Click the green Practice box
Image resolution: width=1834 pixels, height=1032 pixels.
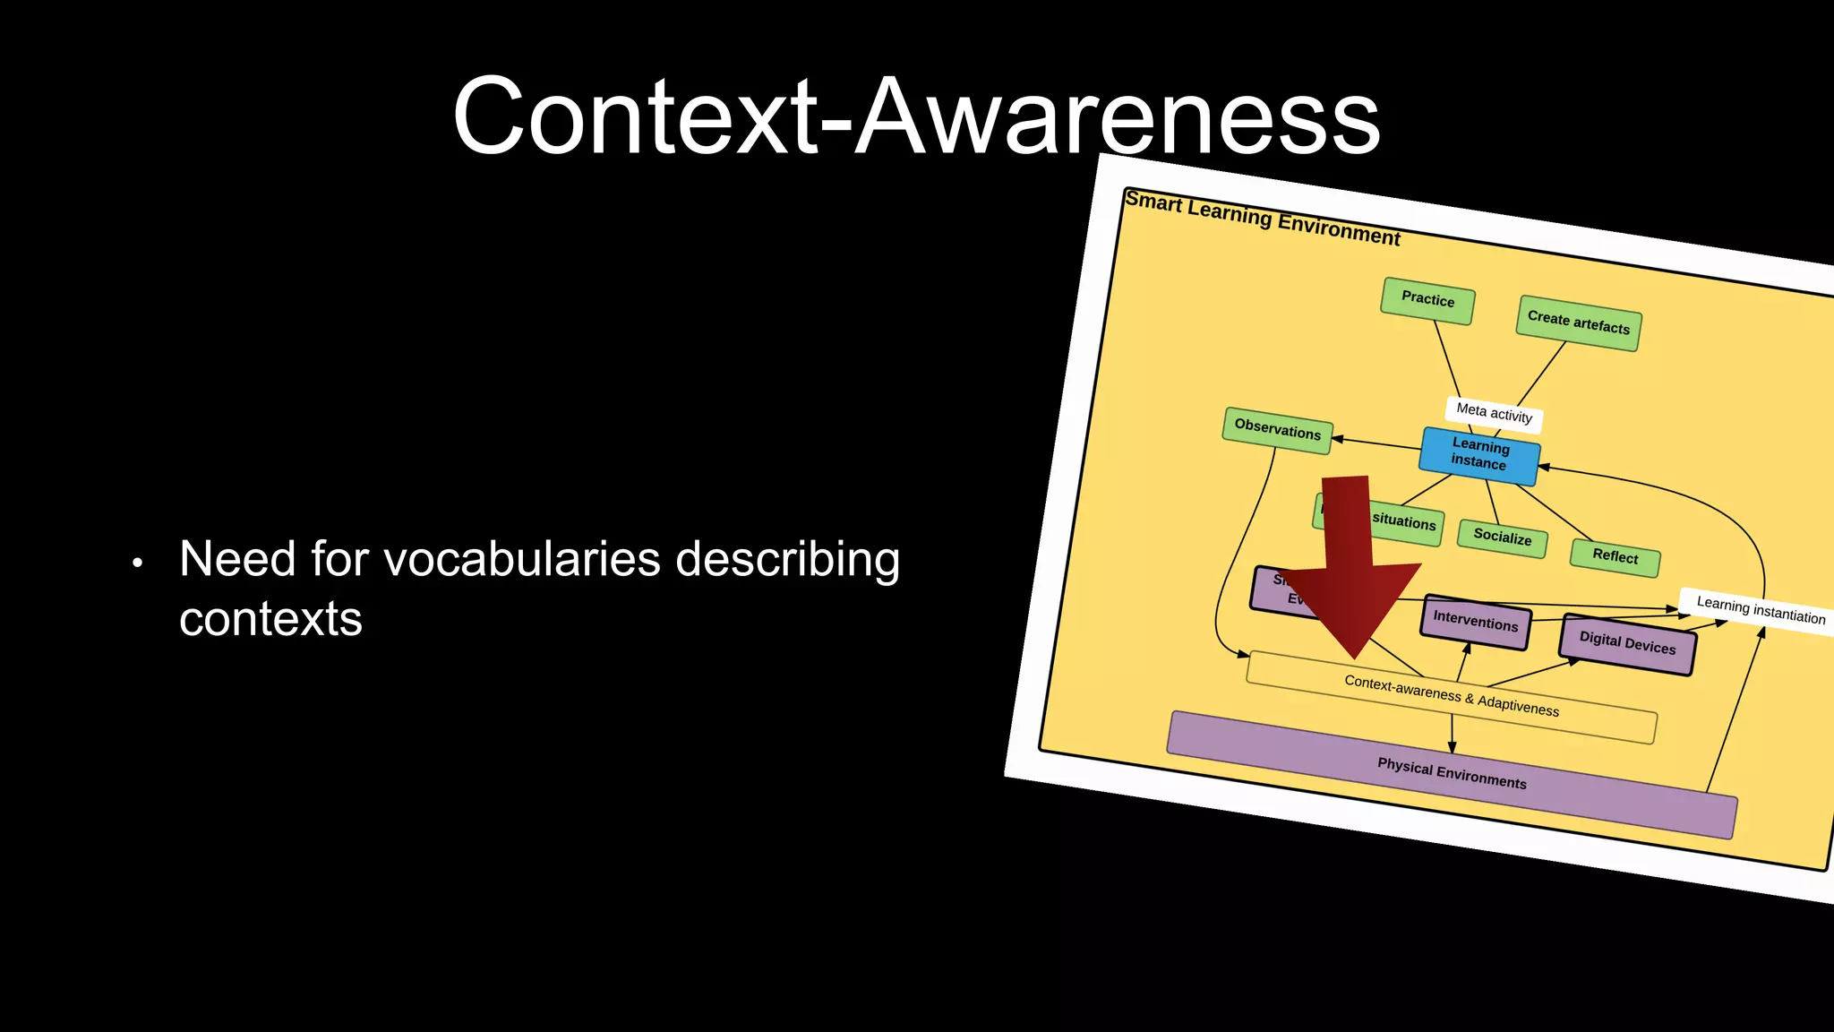point(1427,300)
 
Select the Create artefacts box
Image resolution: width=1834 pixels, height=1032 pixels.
point(1579,322)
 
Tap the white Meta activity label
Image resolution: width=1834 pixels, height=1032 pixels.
point(1494,413)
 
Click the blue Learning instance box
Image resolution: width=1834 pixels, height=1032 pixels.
point(1479,455)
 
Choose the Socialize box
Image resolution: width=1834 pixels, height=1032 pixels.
point(1503,537)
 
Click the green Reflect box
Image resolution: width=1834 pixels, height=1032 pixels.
point(1615,556)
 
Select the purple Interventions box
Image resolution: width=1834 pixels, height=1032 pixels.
point(1475,621)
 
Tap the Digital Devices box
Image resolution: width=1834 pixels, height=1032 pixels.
point(1626,643)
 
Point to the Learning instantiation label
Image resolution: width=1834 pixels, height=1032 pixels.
point(1760,611)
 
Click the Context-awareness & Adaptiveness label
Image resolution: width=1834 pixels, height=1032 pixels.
point(1452,696)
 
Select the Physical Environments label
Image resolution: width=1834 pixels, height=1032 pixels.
point(1452,773)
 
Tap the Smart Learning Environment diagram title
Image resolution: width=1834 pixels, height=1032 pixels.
point(1262,218)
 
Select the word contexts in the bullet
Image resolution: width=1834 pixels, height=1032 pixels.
point(270,619)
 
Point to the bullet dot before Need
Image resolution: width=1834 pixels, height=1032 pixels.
point(137,563)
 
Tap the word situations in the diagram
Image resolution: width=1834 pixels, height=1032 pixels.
point(1403,521)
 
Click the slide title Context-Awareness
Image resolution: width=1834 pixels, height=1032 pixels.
point(916,116)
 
